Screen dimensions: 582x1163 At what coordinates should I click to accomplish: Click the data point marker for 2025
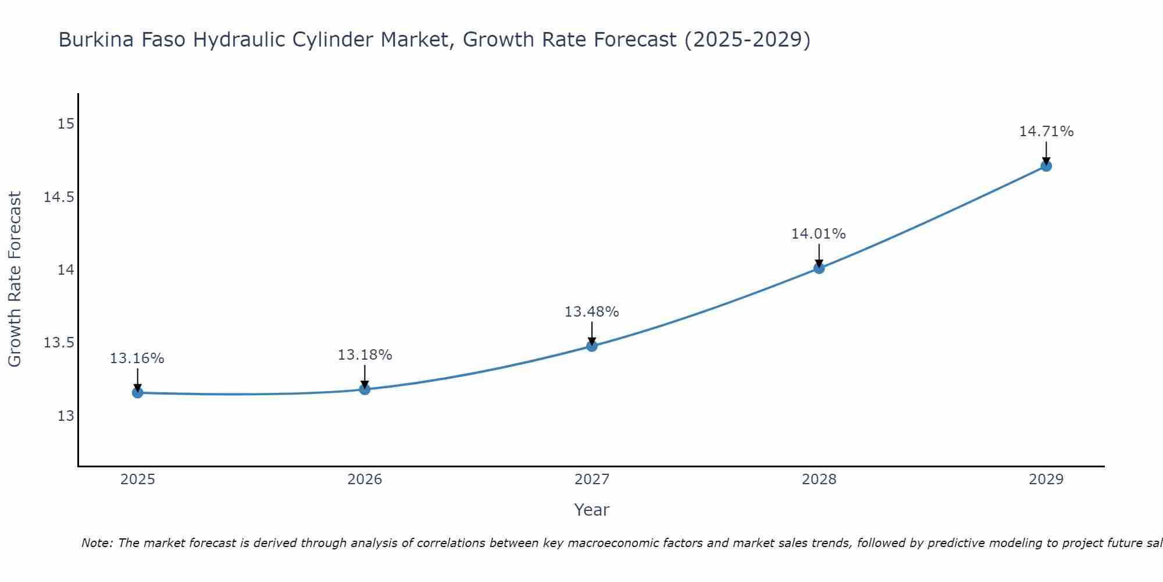coord(137,393)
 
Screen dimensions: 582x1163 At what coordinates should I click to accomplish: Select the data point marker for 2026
coord(365,389)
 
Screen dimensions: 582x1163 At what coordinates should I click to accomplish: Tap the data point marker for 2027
coord(592,346)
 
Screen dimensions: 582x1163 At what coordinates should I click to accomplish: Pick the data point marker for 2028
coord(819,268)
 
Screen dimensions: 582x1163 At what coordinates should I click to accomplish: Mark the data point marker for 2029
coord(1046,166)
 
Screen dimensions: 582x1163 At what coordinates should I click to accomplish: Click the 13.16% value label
coord(137,359)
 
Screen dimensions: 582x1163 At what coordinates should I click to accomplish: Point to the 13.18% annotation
coord(365,355)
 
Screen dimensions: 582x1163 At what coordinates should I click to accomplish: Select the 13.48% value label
coord(592,312)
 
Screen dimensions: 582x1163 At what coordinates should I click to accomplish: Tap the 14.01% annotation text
coord(818,234)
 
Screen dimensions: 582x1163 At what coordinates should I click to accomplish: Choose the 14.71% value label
coord(1046,132)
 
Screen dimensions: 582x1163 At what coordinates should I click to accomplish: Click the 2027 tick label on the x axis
coord(592,480)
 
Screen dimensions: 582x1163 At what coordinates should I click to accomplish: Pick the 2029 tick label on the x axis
coord(1046,480)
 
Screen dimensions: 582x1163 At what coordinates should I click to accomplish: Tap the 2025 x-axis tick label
coord(137,480)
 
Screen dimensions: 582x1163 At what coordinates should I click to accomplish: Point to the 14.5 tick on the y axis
coord(59,197)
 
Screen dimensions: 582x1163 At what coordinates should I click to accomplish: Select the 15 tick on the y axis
coord(66,124)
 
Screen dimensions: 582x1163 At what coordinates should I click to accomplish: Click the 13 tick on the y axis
coord(66,416)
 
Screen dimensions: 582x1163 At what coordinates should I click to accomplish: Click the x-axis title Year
coord(591,510)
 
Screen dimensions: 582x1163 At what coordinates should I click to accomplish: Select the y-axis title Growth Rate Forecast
coord(15,279)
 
